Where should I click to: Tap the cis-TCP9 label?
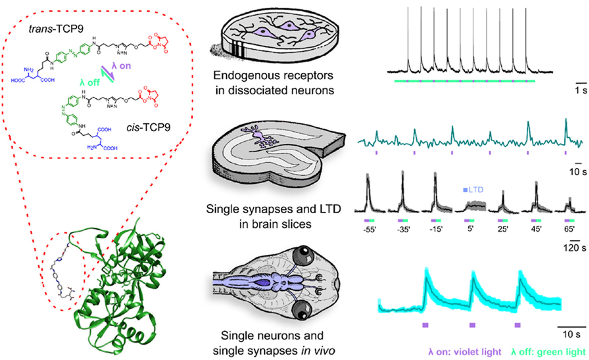(148, 128)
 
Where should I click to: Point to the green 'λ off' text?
(89, 82)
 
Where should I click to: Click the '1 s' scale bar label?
(580, 90)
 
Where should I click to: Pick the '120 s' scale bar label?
(574, 247)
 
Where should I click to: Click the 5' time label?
(470, 229)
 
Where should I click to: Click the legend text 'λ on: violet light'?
(465, 352)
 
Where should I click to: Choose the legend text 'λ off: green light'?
(548, 352)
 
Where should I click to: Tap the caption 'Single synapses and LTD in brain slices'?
(273, 217)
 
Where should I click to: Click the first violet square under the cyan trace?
(425, 325)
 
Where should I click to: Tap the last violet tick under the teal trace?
(565, 152)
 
